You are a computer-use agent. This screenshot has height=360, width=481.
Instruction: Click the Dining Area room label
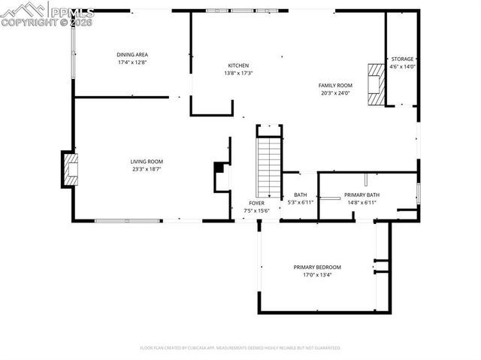(132, 54)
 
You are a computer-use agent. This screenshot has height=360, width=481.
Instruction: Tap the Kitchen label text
(238, 65)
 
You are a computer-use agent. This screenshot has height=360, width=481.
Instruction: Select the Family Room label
(335, 86)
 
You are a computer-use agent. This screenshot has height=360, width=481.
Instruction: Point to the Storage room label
(401, 59)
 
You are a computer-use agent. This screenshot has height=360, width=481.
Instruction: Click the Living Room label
(147, 162)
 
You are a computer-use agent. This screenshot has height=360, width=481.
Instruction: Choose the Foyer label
(257, 203)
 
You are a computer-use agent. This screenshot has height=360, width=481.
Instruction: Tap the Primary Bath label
(362, 195)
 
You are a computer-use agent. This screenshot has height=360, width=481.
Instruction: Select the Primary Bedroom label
(316, 268)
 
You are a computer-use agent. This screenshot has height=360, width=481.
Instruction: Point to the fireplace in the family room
(374, 85)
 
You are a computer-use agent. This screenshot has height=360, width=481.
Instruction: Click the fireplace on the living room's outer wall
(70, 170)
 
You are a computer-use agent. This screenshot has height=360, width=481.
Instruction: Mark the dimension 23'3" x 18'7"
(147, 170)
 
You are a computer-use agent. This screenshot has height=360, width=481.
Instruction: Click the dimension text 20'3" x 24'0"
(335, 93)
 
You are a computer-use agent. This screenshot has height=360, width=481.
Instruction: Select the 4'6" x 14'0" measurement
(401, 66)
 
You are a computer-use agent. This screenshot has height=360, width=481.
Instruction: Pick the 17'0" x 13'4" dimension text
(316, 275)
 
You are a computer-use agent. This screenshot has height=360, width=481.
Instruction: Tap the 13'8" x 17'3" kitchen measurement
(238, 73)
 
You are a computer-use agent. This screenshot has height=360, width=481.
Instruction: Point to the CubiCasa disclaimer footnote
(240, 348)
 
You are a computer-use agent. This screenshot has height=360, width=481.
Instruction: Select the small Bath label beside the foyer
(300, 195)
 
